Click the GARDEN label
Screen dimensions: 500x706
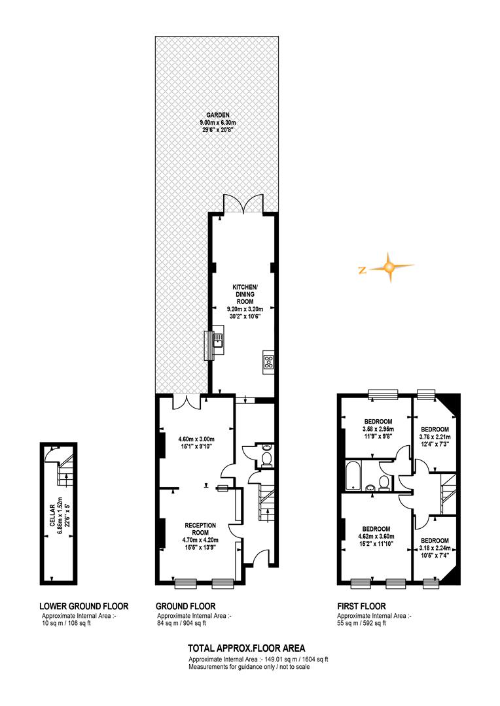point(218,115)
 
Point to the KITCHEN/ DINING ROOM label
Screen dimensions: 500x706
point(244,294)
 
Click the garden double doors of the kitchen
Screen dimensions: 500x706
point(243,203)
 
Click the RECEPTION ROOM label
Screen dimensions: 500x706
point(201,529)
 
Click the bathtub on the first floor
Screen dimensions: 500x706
point(353,475)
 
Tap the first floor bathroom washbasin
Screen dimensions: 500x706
point(370,487)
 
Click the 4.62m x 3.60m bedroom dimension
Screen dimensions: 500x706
point(376,536)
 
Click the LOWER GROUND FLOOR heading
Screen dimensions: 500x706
point(84,607)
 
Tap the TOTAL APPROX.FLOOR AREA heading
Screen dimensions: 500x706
point(247,648)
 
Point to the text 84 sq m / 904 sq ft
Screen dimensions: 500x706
point(182,624)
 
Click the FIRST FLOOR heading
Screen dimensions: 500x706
point(362,607)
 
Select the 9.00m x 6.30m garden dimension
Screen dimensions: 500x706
point(218,123)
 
